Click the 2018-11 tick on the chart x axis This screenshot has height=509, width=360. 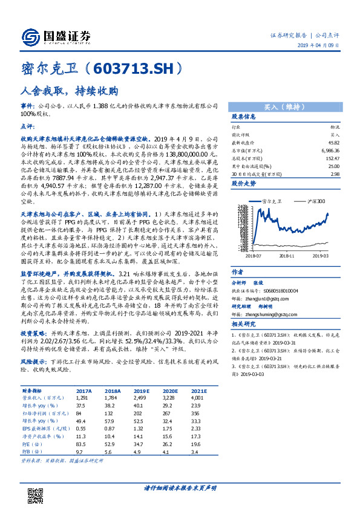285,256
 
